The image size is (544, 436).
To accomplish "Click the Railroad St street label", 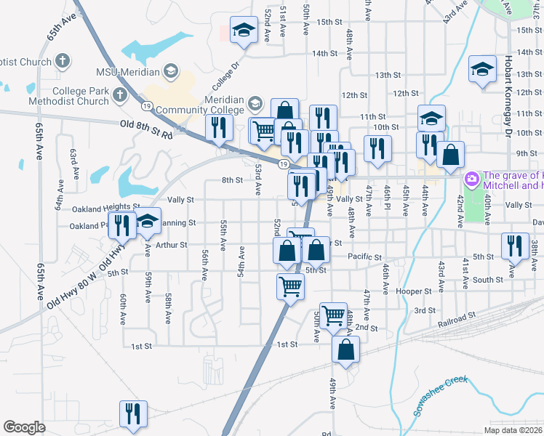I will coord(456,317).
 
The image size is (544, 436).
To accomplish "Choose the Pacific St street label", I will coord(364,257).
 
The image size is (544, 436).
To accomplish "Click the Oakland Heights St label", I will coord(105,209).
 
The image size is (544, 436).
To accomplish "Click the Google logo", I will coord(24,427).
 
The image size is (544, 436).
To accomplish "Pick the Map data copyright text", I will coord(513,430).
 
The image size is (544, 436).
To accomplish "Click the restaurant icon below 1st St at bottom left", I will coord(133,413).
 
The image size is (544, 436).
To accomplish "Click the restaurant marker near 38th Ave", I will coord(516,246).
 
